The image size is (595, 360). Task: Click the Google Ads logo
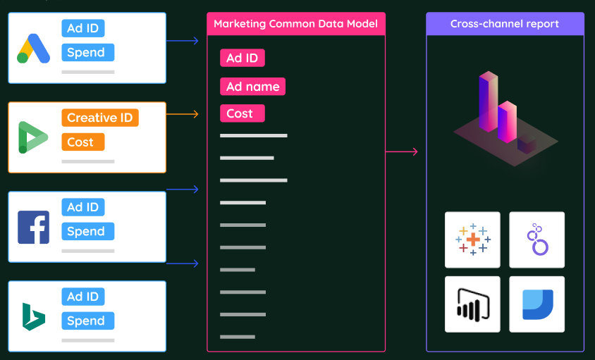pos(33,49)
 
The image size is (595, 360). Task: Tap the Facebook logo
pos(33,227)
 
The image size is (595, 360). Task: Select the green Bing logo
pos(33,316)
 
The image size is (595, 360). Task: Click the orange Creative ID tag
pos(100,118)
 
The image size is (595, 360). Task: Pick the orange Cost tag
pos(82,142)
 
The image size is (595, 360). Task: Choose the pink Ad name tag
pos(252,87)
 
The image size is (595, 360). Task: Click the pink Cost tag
pos(242,113)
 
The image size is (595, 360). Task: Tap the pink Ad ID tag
pos(242,58)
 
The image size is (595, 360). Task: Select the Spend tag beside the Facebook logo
pos(88,231)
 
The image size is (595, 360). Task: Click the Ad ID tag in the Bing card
pos(83,297)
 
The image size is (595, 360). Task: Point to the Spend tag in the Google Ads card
pos(88,52)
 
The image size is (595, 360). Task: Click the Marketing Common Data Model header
pos(295,24)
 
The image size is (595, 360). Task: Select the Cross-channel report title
pos(505,24)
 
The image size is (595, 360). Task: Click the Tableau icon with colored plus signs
pos(472,240)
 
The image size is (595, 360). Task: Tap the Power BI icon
pos(472,304)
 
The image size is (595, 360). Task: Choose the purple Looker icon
pos(537,240)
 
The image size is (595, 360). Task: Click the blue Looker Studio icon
pos(537,304)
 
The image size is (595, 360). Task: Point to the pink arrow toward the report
pos(402,151)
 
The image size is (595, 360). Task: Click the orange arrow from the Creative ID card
pos(183,113)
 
